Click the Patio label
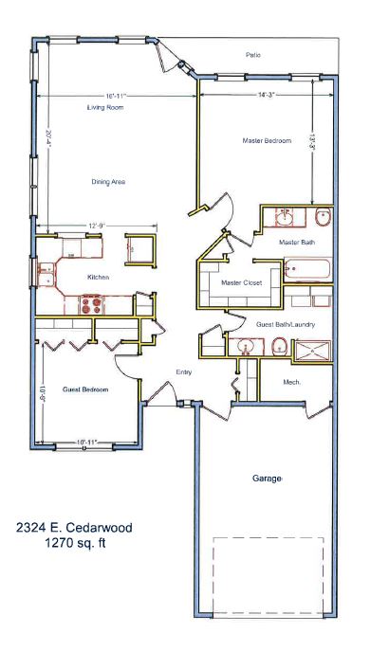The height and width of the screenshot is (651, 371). click(253, 55)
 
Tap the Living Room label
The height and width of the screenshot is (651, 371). click(105, 107)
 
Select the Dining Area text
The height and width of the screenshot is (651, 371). click(108, 182)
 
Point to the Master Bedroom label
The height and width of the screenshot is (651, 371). click(267, 141)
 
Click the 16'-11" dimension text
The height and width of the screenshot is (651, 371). click(115, 96)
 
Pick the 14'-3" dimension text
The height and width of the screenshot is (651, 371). click(267, 95)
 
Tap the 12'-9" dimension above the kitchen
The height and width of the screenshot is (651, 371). click(95, 226)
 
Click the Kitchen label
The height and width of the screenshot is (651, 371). click(98, 277)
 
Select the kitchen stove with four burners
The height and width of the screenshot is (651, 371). click(91, 305)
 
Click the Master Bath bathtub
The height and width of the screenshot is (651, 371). click(307, 269)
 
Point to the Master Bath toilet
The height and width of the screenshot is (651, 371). click(323, 217)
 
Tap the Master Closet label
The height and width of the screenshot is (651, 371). click(242, 282)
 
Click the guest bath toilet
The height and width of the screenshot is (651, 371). click(280, 346)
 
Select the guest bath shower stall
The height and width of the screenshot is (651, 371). click(313, 351)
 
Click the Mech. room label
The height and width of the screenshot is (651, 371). click(291, 382)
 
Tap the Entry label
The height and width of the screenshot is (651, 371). click(184, 372)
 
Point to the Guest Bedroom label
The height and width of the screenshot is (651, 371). click(85, 389)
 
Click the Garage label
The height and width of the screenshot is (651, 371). click(267, 479)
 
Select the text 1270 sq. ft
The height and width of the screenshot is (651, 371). click(75, 543)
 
